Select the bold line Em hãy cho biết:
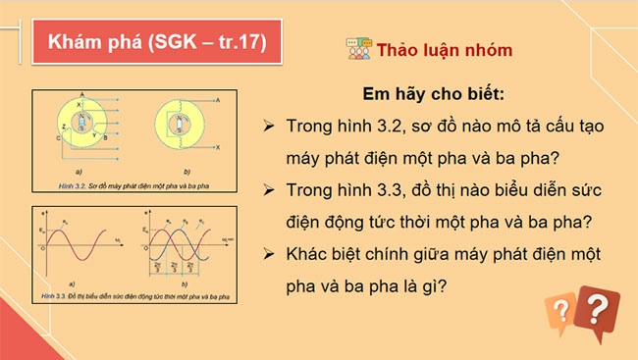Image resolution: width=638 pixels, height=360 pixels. pos(433,96)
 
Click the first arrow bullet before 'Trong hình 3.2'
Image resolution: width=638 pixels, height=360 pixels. pos(268,128)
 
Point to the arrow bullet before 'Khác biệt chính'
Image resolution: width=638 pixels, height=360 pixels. pos(268,255)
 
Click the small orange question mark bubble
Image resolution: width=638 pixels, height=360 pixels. pos(559,314)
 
